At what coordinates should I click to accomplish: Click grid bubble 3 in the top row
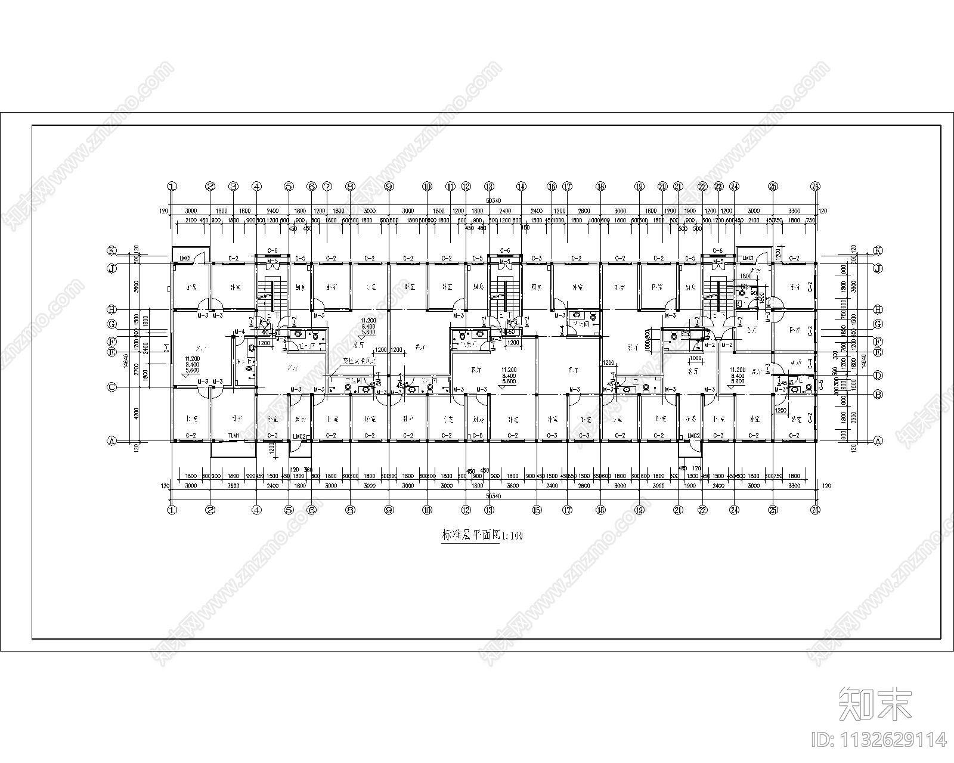234,186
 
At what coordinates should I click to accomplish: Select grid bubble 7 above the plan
327,186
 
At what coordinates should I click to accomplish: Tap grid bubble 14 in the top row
522,186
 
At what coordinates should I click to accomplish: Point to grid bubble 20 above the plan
663,186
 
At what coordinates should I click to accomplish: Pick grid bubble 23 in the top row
718,186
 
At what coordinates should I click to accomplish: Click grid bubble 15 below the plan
537,510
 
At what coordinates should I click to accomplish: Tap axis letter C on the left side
111,387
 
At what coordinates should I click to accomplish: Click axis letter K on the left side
111,250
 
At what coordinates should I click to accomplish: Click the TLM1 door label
234,436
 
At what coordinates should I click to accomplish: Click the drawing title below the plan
481,535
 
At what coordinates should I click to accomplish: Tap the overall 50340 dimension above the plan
493,201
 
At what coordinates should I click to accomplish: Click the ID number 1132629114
879,740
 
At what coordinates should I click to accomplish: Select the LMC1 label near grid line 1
185,258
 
